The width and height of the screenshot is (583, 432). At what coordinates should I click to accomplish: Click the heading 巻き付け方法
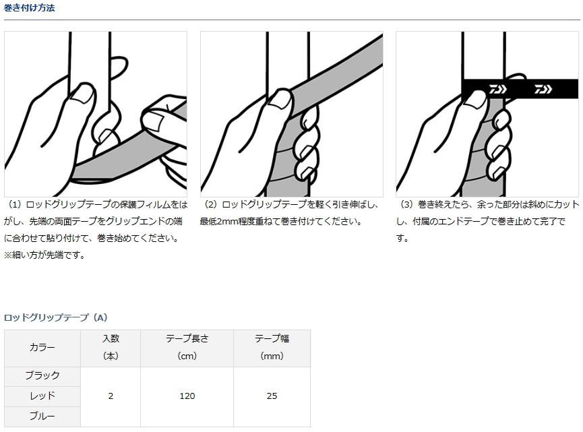pos(30,8)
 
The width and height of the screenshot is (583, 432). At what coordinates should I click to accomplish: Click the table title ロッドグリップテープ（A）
pos(56,317)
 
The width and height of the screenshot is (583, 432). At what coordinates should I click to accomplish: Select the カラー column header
pos(42,347)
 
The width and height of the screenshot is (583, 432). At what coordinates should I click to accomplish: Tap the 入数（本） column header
pos(111,347)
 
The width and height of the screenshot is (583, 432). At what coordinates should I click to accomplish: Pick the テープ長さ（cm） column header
pos(187,347)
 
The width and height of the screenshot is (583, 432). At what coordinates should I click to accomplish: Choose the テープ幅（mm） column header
pos(272,347)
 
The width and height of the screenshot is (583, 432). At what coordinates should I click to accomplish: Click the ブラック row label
pos(42,375)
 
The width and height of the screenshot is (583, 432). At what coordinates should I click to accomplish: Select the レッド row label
pos(42,396)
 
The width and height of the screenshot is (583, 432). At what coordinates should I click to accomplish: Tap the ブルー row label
pos(42,416)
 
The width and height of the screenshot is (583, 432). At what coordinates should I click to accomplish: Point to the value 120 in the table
pos(187,396)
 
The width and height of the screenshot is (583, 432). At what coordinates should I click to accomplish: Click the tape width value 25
pos(272,396)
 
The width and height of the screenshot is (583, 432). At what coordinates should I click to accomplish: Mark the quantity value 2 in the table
pos(111,396)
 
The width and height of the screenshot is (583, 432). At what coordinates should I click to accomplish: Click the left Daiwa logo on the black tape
pos(497,89)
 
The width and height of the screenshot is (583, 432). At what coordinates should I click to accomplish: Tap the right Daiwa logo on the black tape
pos(543,89)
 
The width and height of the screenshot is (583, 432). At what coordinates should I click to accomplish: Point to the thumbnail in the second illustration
pos(280,98)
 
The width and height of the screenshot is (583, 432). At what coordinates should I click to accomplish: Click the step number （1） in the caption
pos(16,204)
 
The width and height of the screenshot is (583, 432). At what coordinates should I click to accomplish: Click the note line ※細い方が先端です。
pos(44,255)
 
